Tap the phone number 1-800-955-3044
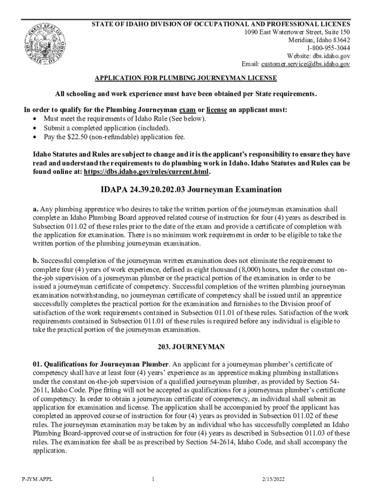[x=328, y=48]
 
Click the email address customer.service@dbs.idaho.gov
[x=305, y=64]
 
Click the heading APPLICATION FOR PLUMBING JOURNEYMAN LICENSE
[x=186, y=78]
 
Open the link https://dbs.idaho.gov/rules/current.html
[x=147, y=172]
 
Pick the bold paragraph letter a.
[x=35, y=209]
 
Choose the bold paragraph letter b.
[x=35, y=260]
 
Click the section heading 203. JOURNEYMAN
[x=186, y=347]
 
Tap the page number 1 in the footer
[x=153, y=479]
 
